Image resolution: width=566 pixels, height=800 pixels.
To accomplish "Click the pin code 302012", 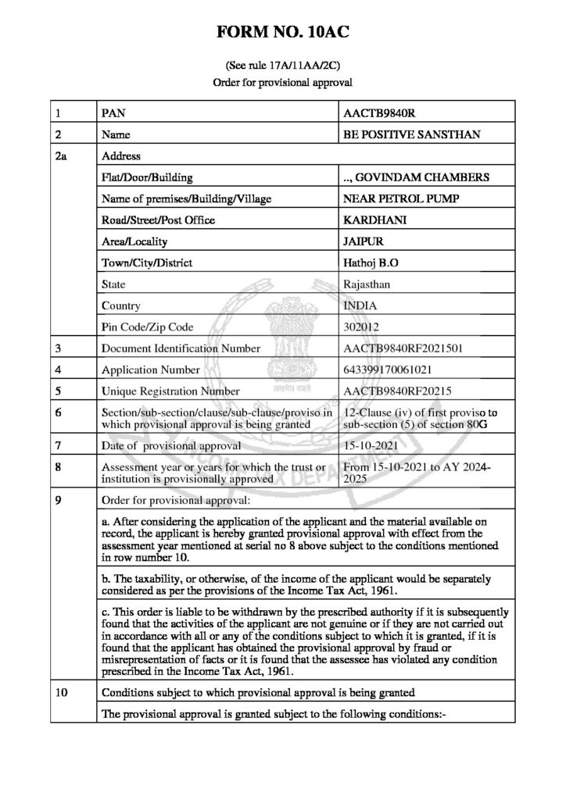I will coord(359,327).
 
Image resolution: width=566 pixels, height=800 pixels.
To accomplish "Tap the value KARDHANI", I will coord(371,220).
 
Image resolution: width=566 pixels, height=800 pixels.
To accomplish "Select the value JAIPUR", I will coord(362,241).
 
